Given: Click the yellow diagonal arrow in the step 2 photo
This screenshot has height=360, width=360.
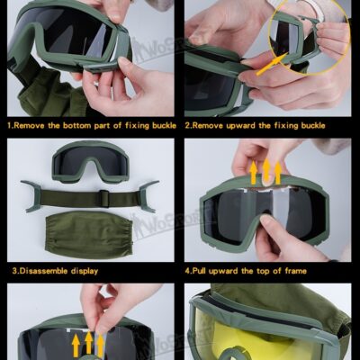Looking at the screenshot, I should coord(269,62).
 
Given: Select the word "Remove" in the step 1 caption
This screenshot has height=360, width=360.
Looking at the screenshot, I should coord(33,124).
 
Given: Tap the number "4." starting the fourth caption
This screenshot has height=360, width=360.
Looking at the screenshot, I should coord(188,269).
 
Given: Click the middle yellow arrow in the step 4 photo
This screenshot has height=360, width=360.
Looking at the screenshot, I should coord(265,170).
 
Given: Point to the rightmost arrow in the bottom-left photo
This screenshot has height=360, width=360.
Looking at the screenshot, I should coord(100,343).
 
